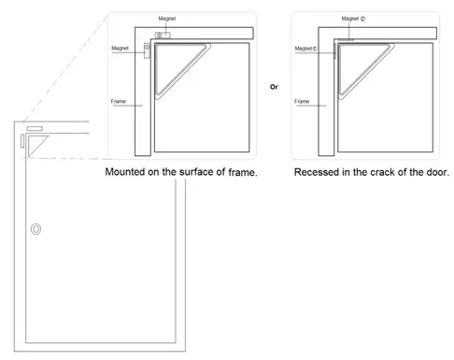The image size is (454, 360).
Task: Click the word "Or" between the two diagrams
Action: tap(274, 86)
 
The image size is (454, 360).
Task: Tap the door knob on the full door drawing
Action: tap(36, 228)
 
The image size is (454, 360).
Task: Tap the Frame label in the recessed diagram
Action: tap(302, 101)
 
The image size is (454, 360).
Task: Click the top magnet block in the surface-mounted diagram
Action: tap(163, 35)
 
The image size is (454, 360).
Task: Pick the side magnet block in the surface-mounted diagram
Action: tap(147, 50)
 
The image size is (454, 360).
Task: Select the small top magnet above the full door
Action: tap(35, 126)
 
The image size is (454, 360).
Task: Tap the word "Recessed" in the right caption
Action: tap(318, 173)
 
